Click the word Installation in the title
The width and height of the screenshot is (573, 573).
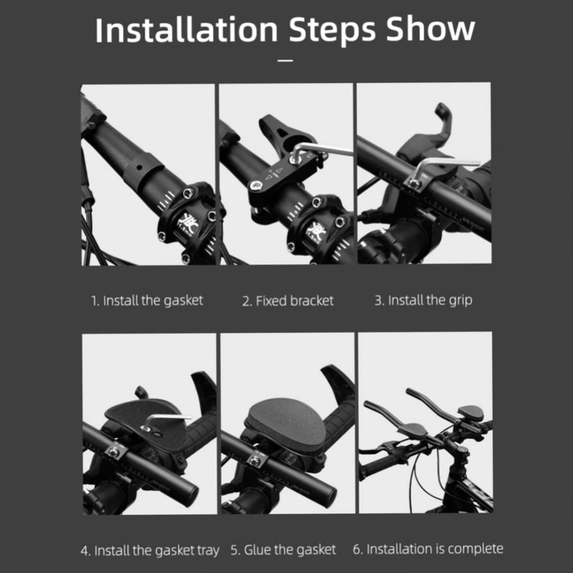(x=186, y=30)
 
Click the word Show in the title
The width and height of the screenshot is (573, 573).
(x=430, y=29)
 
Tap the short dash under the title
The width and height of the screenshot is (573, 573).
(x=286, y=60)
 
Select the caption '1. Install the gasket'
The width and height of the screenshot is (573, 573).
(x=147, y=301)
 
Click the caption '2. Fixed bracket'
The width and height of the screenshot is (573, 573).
(x=288, y=301)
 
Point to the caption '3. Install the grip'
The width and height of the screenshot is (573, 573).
(x=423, y=300)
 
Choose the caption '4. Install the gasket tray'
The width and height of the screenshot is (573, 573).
(x=150, y=551)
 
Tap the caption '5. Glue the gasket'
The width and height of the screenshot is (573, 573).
(x=283, y=549)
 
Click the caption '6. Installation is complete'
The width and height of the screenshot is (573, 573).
(x=428, y=549)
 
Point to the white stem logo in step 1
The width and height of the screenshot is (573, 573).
(x=187, y=224)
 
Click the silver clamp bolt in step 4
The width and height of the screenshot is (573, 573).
(x=114, y=452)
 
